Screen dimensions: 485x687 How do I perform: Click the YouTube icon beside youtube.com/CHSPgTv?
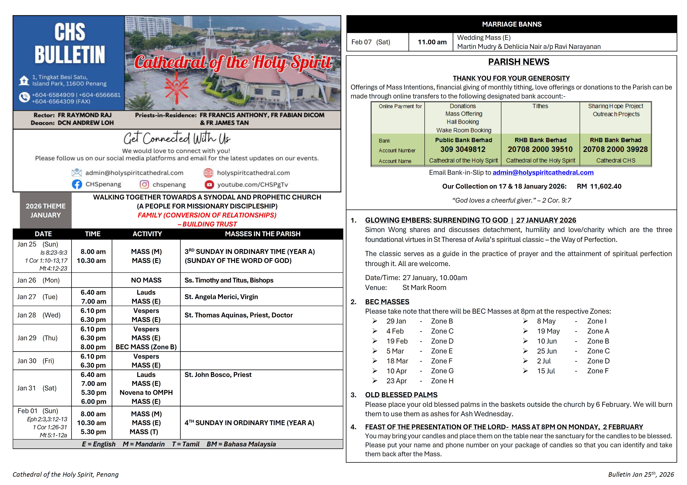pyautogui.click(x=209, y=184)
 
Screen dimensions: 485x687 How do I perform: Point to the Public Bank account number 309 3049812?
pyautogui.click(x=463, y=149)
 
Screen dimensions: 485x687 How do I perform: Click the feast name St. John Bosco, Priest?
pyautogui.click(x=218, y=375)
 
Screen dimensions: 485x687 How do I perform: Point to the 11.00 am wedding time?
pyautogui.click(x=432, y=42)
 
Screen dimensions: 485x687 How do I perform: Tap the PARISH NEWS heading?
pyautogui.click(x=519, y=62)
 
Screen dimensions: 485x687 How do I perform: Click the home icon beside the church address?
pyautogui.click(x=24, y=80)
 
